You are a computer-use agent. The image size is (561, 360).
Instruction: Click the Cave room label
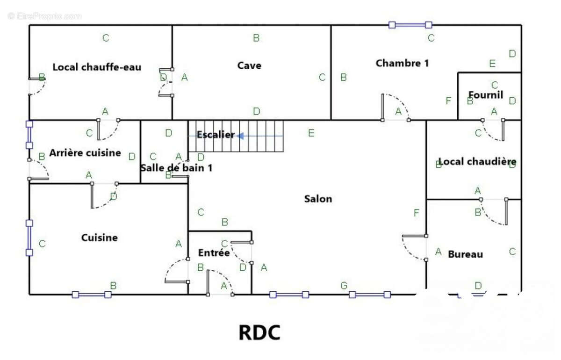[x=249, y=65]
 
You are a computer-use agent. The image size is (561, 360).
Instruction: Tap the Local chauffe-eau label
[x=97, y=67]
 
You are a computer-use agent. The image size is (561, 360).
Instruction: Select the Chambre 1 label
[x=402, y=63]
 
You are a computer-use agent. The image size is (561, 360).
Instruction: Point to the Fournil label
[x=486, y=95]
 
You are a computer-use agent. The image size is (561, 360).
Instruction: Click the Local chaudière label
[x=477, y=162]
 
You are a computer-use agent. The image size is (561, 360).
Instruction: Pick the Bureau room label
[x=465, y=254]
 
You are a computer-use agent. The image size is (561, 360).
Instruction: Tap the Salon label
[x=318, y=199]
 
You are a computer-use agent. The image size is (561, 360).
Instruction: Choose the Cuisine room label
[x=100, y=238]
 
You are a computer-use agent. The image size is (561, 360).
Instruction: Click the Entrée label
[x=214, y=252]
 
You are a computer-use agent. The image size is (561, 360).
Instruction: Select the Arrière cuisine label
[x=85, y=152]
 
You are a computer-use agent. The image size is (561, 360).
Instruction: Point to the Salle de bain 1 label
[x=176, y=167]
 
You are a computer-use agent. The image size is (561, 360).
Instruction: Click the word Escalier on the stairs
[x=215, y=135]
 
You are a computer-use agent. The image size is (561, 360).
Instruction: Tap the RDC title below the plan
[x=259, y=332]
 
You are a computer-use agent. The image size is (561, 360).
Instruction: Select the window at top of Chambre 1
[x=410, y=25]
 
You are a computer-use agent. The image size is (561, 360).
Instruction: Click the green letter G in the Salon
[x=344, y=285]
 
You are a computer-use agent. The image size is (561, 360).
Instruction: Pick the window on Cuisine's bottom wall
[x=92, y=295]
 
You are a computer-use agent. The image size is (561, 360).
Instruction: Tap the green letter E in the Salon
[x=311, y=133]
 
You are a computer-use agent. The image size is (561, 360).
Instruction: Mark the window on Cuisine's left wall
[x=29, y=238]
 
